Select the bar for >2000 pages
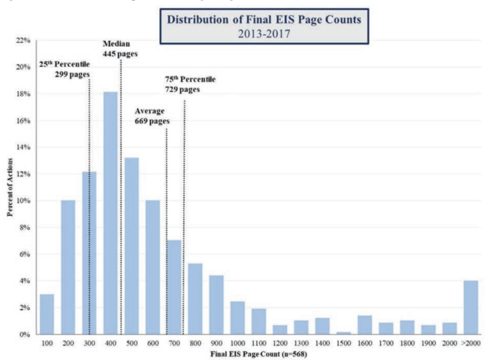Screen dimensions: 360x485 point(471,307)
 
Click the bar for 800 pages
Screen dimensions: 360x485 point(195,299)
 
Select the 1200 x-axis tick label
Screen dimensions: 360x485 point(280,342)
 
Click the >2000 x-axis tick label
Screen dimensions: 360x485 point(471,342)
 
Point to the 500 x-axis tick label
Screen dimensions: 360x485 point(132,342)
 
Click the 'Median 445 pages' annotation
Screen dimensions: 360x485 point(120,49)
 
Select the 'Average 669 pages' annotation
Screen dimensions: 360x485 point(152,116)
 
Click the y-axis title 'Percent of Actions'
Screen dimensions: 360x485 point(10,188)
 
